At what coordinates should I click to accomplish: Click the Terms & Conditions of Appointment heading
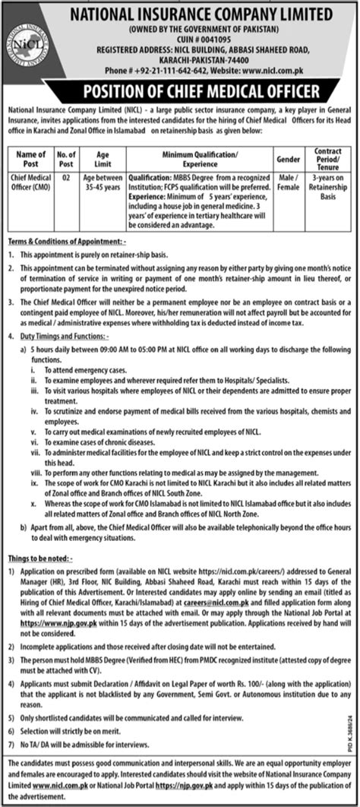tap(63, 240)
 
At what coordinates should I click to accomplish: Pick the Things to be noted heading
tap(38, 558)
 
